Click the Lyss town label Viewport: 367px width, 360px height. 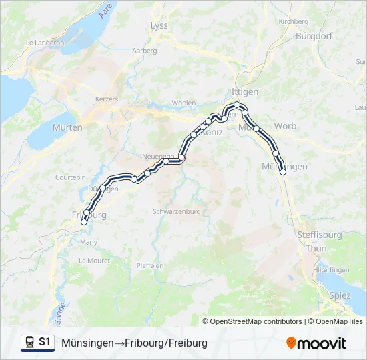point(159,25)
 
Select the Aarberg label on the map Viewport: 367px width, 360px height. point(145,51)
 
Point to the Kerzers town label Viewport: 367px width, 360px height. point(107,99)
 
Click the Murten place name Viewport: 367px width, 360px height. point(67,127)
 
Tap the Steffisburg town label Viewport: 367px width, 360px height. point(320,235)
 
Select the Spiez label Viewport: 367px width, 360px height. point(340,295)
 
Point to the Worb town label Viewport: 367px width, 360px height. point(285,126)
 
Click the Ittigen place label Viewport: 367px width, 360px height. point(244,91)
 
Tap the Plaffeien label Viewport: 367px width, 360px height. point(150,265)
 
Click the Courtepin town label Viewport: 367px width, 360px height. point(71,178)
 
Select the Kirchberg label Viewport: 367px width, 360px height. point(294,21)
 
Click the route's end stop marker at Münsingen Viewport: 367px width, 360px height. point(283,172)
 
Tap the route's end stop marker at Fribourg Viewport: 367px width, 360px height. point(84,222)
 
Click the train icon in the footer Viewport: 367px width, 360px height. point(29,342)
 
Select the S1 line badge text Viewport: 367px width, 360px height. point(45,342)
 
